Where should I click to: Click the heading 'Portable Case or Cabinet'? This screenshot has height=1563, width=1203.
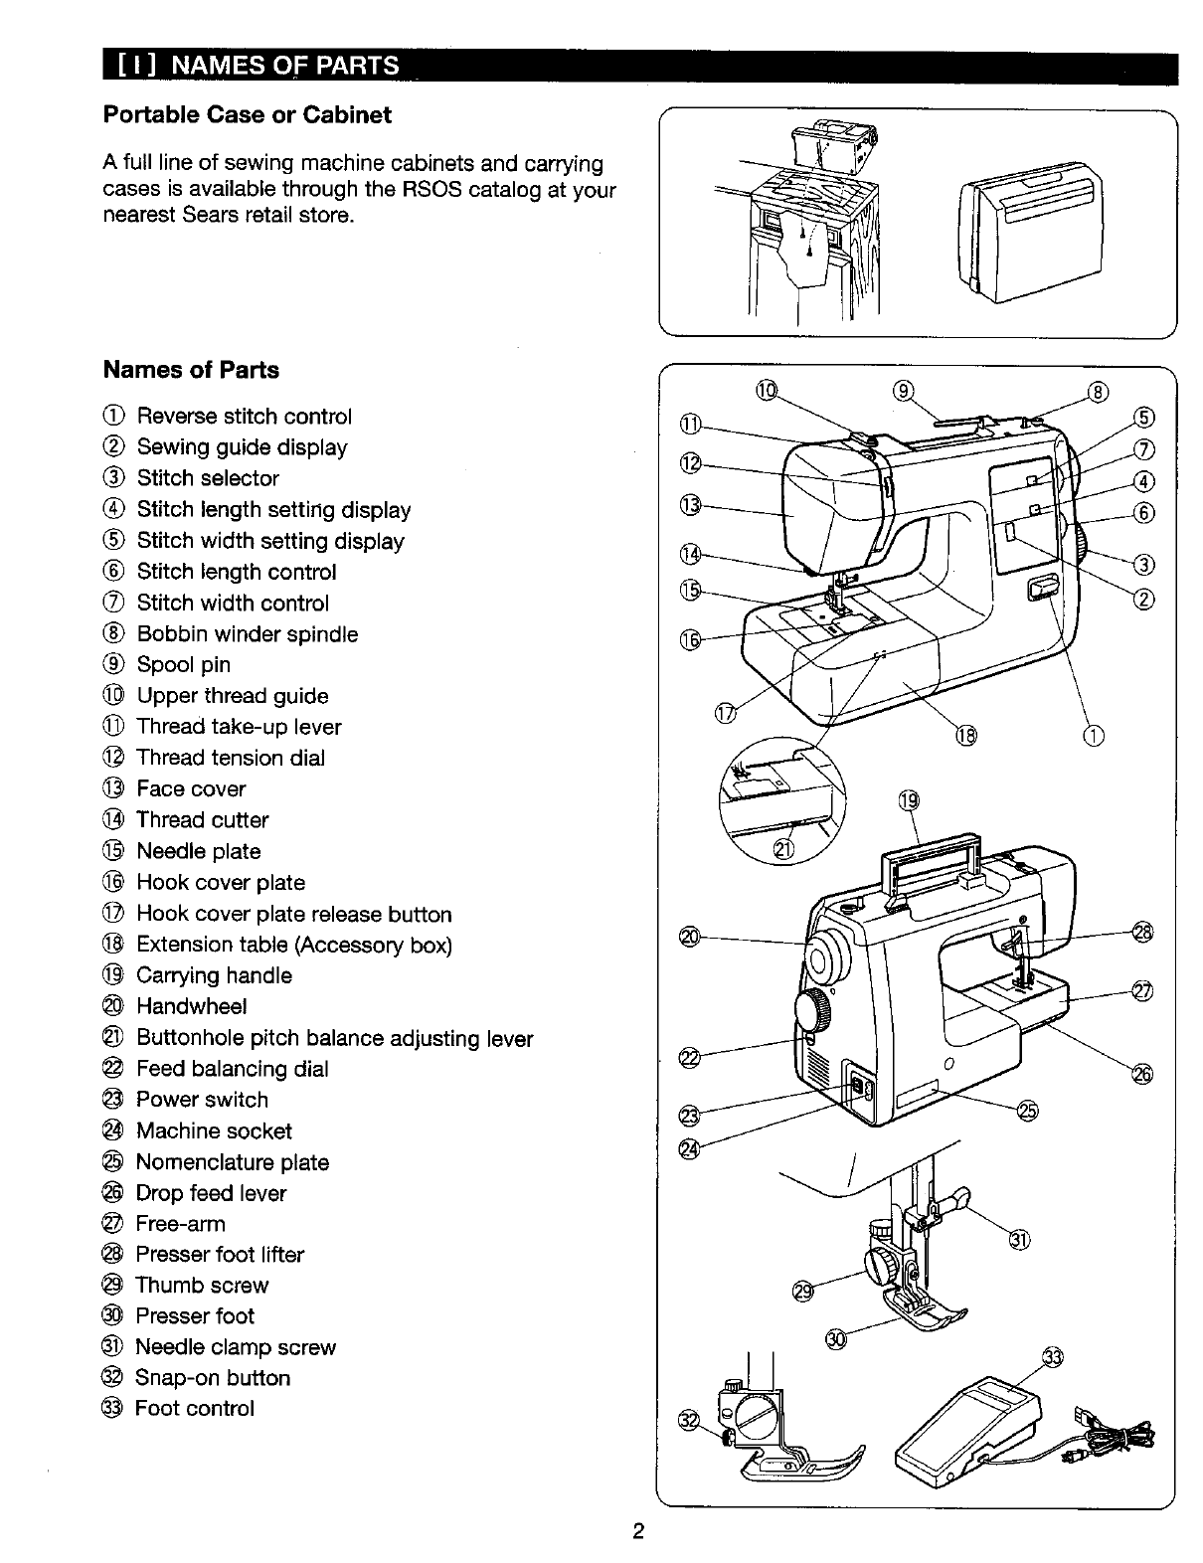tap(248, 115)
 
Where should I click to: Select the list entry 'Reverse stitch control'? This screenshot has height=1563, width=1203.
tap(244, 417)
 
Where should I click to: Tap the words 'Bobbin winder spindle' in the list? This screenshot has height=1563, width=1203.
tap(247, 634)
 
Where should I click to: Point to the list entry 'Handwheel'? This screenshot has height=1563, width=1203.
tap(191, 1006)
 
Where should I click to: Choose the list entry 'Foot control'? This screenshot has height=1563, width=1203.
tap(194, 1409)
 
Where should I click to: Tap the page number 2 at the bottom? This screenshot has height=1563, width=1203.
tap(639, 1531)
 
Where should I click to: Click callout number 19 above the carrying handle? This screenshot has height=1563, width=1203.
tap(909, 801)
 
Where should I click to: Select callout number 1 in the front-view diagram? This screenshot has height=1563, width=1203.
tap(1093, 736)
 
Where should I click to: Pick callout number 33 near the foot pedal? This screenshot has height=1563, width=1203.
tap(1052, 1358)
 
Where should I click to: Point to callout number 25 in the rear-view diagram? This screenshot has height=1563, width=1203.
tap(1027, 1111)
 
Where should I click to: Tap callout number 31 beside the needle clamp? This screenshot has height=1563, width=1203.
tap(1019, 1239)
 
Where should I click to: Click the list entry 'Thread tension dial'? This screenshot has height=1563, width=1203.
tap(230, 758)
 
